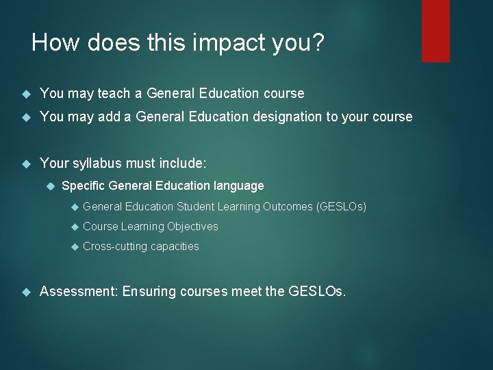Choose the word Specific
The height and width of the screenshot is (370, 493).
84,186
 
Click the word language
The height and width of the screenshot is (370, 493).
240,186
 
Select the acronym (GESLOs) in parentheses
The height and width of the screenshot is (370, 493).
341,206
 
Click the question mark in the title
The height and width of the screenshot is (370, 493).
318,44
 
